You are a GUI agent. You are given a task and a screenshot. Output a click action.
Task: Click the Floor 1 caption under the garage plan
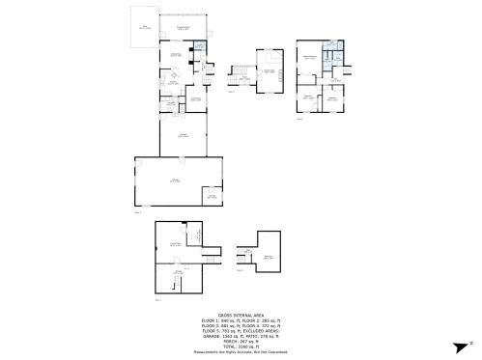pos(138,211)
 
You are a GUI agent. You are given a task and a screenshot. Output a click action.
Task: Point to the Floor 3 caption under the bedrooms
pos(300,119)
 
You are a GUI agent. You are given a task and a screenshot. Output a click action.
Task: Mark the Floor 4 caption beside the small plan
pos(241,270)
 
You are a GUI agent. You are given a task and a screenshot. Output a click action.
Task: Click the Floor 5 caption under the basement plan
pos(158,300)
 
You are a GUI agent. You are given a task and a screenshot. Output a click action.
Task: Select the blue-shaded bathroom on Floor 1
pos(199,45)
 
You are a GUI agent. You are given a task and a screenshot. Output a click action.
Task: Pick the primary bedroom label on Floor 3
pos(310,59)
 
